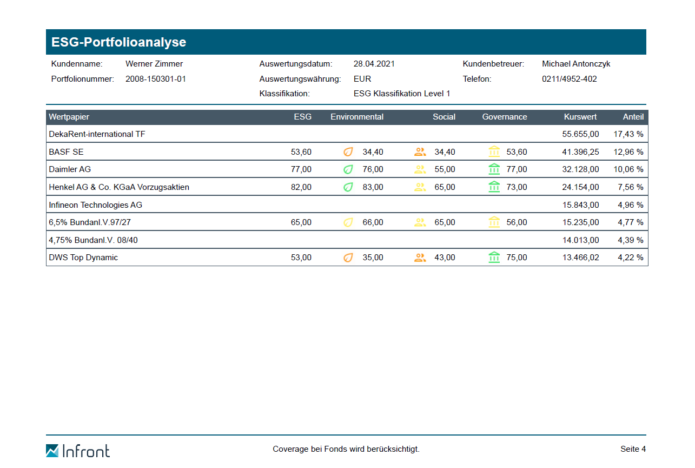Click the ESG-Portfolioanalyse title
pos(118,42)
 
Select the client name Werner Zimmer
pos(154,64)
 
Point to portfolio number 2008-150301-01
pos(156,79)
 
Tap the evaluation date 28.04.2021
pos(374,64)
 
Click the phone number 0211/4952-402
pos(570,79)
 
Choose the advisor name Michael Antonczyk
pos(576,64)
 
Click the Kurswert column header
pos(580,117)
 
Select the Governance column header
pos(505,117)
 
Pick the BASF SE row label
pos(67,152)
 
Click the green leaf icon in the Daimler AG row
pos(348,169)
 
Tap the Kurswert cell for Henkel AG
pos(580,187)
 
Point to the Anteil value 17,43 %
pos(628,134)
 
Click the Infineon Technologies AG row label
pos(96,205)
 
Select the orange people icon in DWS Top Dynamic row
pos(420,258)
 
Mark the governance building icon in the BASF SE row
pos(494,152)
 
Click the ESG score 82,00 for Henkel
pos(301,187)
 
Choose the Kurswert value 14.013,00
pos(580,240)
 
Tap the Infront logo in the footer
pos(78,450)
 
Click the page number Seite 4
pos(633,449)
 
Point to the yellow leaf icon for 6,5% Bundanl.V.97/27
pos(348,222)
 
